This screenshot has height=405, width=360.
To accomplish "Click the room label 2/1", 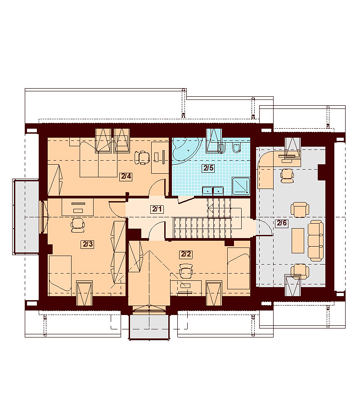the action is click(157, 209).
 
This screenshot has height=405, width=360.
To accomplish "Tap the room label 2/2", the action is click(186, 254).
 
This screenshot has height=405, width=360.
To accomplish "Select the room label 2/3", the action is click(88, 244).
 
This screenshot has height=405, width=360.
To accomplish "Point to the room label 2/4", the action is click(126, 176).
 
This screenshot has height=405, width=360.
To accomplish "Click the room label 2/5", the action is click(208, 168).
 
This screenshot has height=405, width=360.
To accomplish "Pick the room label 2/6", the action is click(282, 223).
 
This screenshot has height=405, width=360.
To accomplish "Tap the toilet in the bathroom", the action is click(237, 147).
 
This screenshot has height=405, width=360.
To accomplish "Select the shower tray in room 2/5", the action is click(241, 186).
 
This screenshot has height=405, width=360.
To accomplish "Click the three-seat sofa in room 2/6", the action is click(315, 240).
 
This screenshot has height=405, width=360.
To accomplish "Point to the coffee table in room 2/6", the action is click(298, 240).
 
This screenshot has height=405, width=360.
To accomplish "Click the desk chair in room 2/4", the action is click(142, 157).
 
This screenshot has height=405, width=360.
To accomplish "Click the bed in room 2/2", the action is click(238, 268).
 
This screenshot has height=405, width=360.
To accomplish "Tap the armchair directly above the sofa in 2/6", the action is click(300, 210).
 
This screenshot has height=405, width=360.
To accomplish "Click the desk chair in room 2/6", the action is click(287, 175).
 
